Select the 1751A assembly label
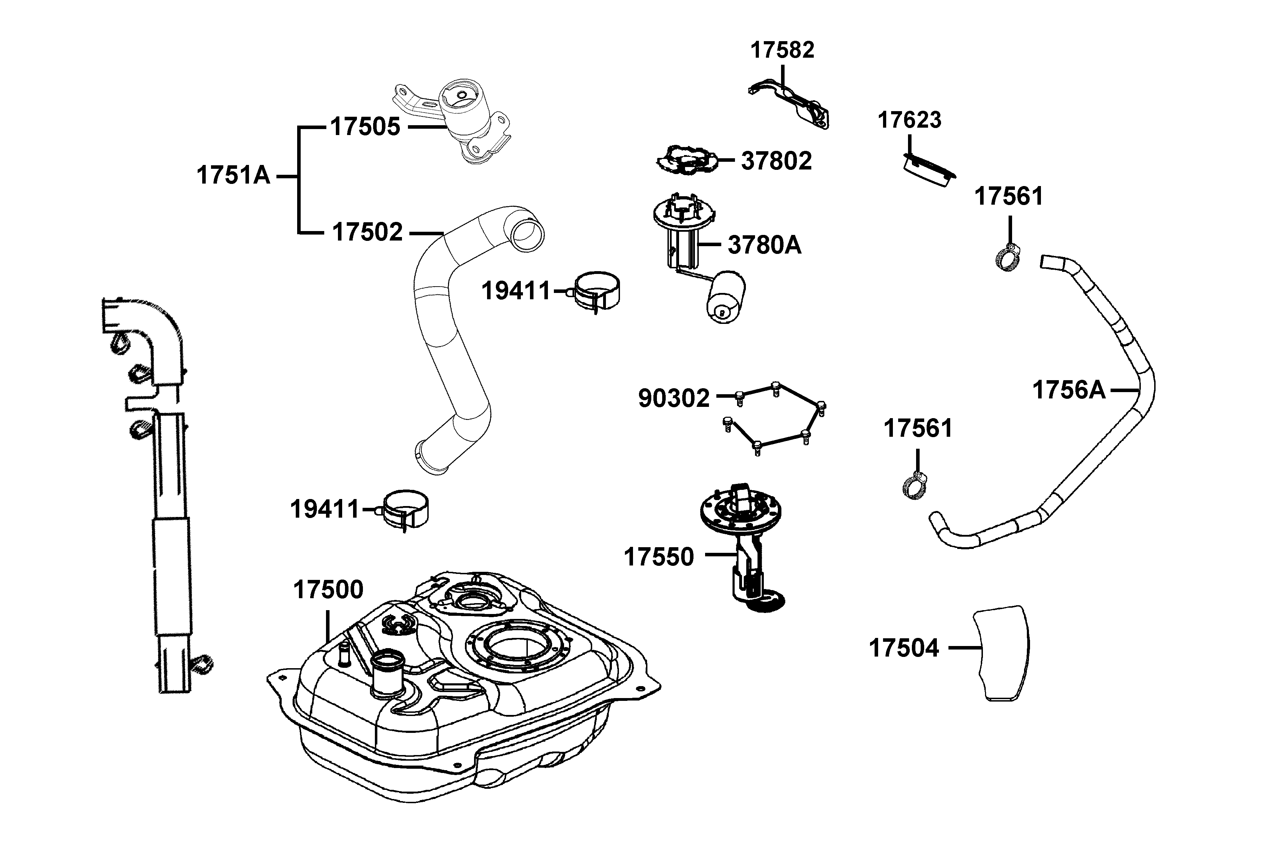coord(233,175)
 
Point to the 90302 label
coord(674,399)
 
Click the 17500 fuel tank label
coord(328,590)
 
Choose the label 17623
coord(910,120)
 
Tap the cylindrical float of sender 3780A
coord(725,298)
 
